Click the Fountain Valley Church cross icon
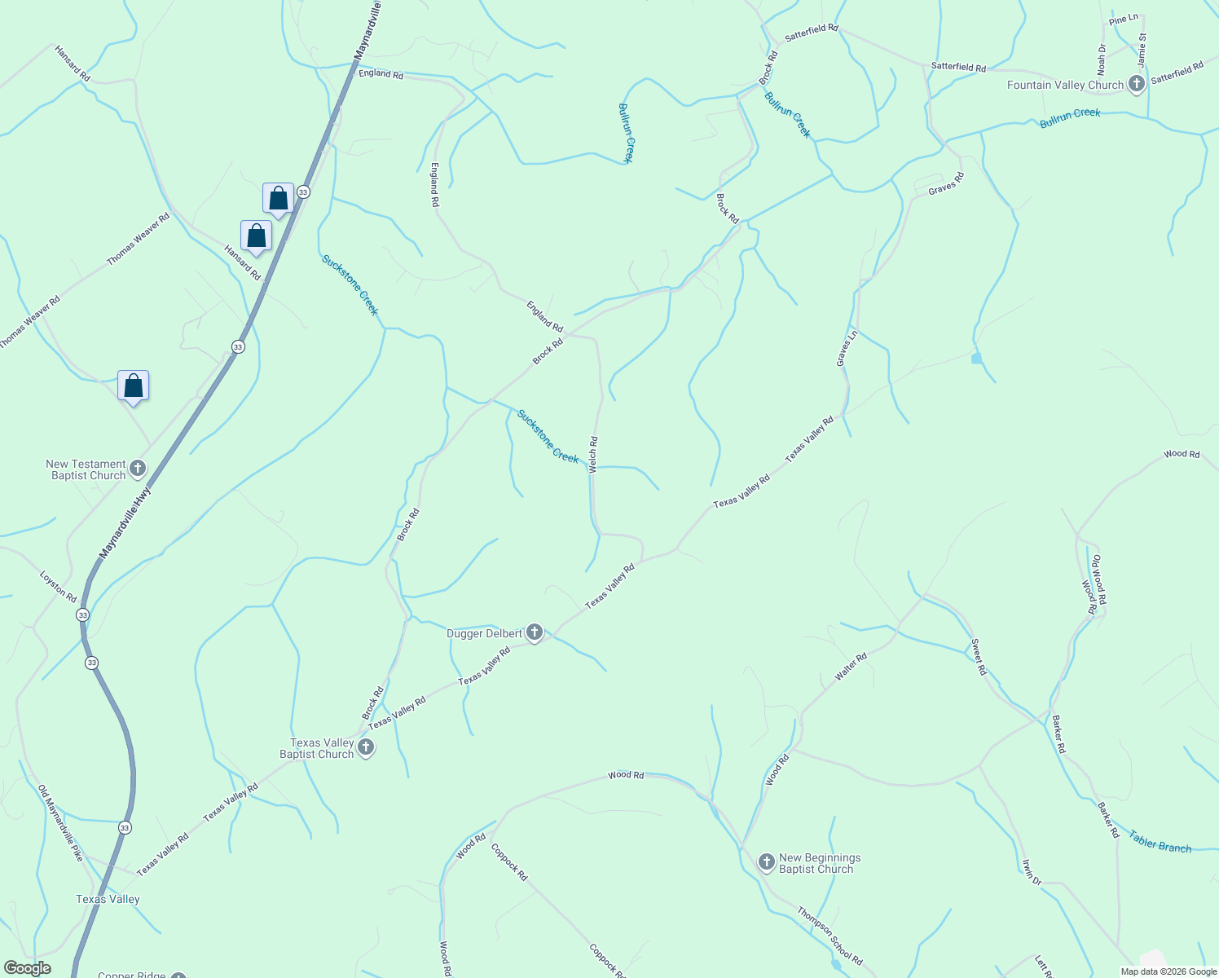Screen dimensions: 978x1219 click(x=1137, y=84)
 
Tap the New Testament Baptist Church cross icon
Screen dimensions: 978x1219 click(x=138, y=469)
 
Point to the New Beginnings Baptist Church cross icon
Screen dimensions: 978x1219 click(x=766, y=861)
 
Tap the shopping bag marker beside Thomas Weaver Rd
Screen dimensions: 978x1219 click(x=256, y=236)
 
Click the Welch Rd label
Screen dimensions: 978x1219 click(x=593, y=455)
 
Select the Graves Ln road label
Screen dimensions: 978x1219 click(x=847, y=348)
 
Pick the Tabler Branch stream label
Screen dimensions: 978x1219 click(x=1160, y=842)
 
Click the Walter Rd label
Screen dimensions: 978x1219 click(x=851, y=667)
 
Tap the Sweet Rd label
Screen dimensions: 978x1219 click(x=979, y=657)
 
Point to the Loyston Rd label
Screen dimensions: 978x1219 click(x=59, y=586)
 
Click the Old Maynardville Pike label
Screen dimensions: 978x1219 click(x=61, y=823)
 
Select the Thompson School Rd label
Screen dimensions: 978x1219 click(x=830, y=936)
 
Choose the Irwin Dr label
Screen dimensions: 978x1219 click(x=1032, y=872)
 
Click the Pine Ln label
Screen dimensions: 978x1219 click(x=1124, y=20)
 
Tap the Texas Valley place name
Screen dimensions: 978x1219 click(x=108, y=899)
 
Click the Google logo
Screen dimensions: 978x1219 click(x=28, y=968)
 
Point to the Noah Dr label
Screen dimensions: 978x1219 click(x=1102, y=59)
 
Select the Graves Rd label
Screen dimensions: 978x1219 click(x=946, y=183)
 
